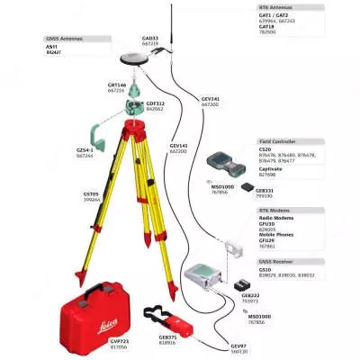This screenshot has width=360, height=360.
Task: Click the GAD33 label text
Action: [x=150, y=39]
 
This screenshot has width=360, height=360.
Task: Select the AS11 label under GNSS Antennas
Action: [x=51, y=48]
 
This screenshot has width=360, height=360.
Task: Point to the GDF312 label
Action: [x=157, y=103]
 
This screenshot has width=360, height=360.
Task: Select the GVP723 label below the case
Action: [x=120, y=343]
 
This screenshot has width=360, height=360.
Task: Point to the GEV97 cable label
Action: [x=238, y=346]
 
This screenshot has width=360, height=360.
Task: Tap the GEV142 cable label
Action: [x=178, y=146]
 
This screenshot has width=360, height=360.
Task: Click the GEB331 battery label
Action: [x=265, y=190]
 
